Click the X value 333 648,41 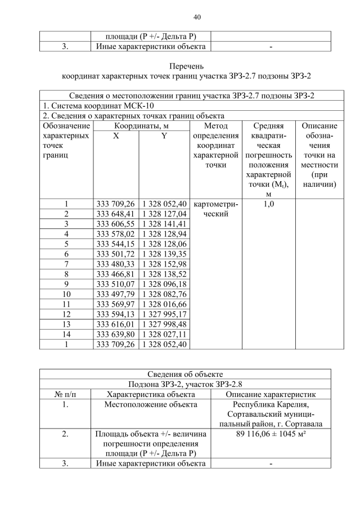[x=116, y=214]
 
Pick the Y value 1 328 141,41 [x=164, y=224]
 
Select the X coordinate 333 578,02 [x=116, y=233]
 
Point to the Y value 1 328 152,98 [x=164, y=263]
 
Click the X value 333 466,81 [x=116, y=273]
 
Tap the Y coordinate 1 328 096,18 [x=164, y=283]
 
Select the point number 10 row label [x=66, y=293]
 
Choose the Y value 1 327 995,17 [x=164, y=313]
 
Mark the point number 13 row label [x=66, y=323]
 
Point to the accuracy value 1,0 [x=269, y=204]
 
